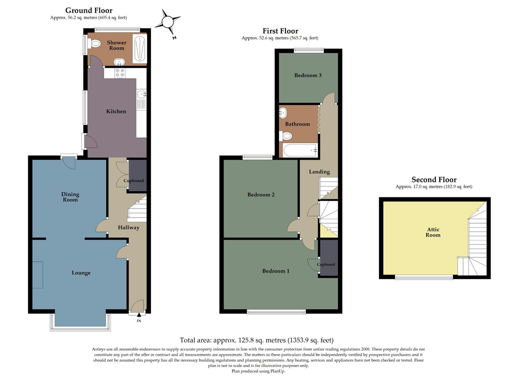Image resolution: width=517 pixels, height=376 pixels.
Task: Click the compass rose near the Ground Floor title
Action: pos(167,22)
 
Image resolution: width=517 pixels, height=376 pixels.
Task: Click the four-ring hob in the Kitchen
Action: pos(120,73)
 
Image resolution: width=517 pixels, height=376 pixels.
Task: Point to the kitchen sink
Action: pos(141,94)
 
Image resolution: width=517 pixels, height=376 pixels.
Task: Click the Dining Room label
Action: pos(70,197)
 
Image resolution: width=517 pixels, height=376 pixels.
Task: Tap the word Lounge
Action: pos(81,273)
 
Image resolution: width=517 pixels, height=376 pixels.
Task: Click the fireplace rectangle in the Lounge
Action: pos(38,275)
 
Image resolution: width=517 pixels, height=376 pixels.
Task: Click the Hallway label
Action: pos(128,228)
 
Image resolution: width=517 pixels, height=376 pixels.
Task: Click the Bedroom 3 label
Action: pos(308,75)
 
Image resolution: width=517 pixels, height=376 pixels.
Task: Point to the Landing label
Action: pos(319,172)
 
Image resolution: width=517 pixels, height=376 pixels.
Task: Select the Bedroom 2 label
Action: pos(261,195)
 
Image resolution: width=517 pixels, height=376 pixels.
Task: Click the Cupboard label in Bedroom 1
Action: pos(326,265)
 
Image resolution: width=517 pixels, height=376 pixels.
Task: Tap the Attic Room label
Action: pos(433,232)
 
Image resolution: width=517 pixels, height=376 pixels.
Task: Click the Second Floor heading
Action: pos(434,180)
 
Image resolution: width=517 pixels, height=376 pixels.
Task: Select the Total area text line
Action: pos(257,340)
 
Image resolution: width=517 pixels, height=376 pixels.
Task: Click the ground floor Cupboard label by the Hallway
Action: pos(134,181)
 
